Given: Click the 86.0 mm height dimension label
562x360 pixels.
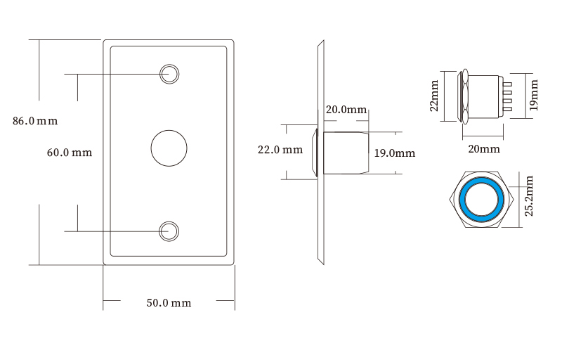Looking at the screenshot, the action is click(x=35, y=121).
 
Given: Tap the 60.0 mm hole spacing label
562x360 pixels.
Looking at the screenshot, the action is click(x=70, y=153).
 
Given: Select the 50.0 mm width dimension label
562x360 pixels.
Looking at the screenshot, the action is click(x=169, y=303).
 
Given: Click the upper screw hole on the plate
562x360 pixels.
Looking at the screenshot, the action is click(x=169, y=75).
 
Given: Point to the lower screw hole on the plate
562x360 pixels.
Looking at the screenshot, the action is click(x=169, y=231).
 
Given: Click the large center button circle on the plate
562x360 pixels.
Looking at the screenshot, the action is click(x=169, y=148).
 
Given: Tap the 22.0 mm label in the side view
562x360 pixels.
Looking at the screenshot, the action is click(x=280, y=150).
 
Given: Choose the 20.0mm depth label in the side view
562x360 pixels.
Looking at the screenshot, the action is click(x=346, y=110).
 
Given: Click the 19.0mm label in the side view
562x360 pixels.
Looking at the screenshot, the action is click(x=395, y=153).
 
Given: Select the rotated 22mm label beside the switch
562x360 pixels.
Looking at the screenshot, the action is click(x=434, y=96).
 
